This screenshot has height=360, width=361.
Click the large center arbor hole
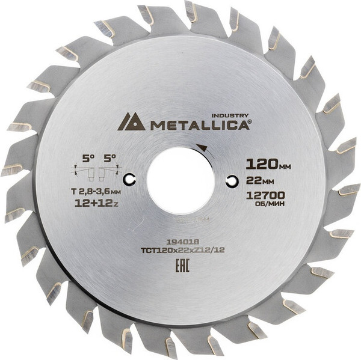click(180, 180)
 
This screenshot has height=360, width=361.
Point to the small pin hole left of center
click(129, 180)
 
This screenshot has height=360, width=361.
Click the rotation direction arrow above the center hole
click(200, 148)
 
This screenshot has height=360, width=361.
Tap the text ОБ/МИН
click(265, 204)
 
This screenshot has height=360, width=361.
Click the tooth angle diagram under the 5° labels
click(97, 172)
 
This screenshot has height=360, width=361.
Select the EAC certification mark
click(183, 265)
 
